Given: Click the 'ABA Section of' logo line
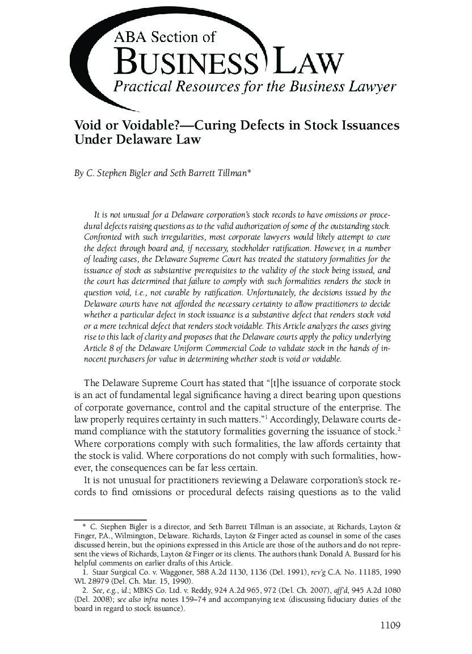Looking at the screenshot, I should pos(165,37).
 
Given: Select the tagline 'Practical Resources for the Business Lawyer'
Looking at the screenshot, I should pos(255,87).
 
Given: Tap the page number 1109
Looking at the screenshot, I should pos(390,626).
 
